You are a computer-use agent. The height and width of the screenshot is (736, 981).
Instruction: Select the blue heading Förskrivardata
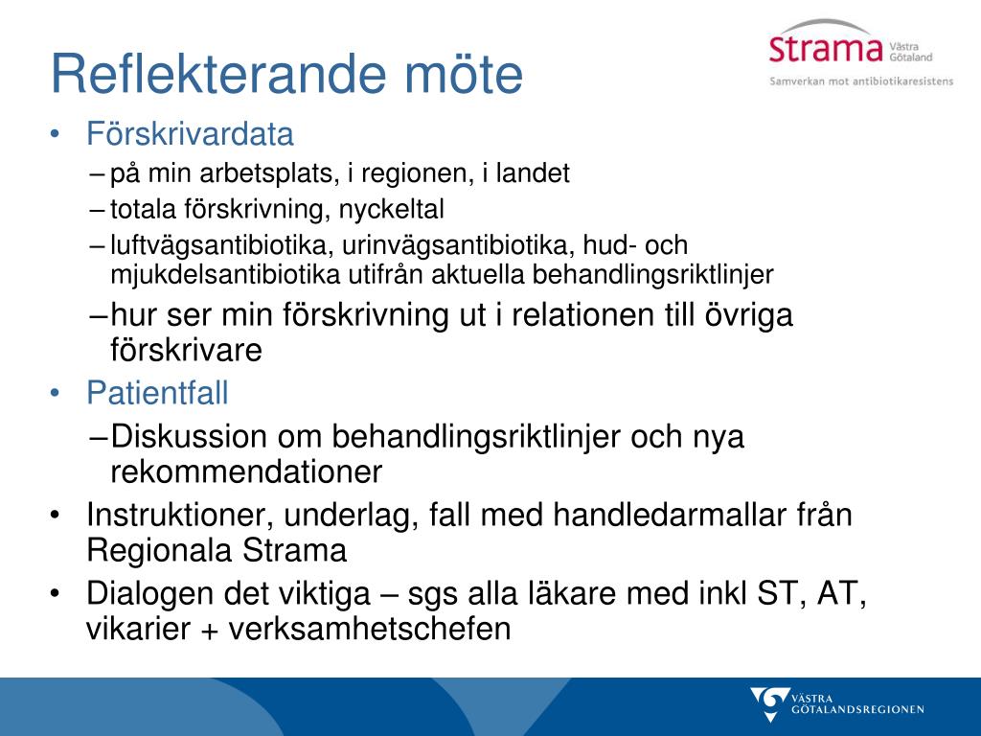pos(190,134)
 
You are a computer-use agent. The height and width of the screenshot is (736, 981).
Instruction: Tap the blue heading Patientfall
pos(157,393)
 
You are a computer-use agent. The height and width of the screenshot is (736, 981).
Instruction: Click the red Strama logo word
pos(826,49)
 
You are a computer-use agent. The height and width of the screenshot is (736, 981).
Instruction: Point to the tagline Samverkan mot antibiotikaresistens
pos(861,80)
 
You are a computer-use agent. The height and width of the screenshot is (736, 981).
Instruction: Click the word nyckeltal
pos(391,210)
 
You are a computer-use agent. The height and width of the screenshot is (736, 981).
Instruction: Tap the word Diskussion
pos(189,436)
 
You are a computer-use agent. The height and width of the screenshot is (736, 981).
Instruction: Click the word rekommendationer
pos(246,471)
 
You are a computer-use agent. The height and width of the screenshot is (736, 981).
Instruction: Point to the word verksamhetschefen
pos(369,629)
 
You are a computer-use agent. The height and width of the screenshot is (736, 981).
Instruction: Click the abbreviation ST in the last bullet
pos(781,593)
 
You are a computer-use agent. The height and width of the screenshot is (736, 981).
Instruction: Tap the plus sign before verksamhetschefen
pos(210,631)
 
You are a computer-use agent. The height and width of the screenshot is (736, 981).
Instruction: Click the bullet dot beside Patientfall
pos(55,393)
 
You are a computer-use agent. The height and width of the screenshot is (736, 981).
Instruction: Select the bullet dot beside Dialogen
pos(55,592)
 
